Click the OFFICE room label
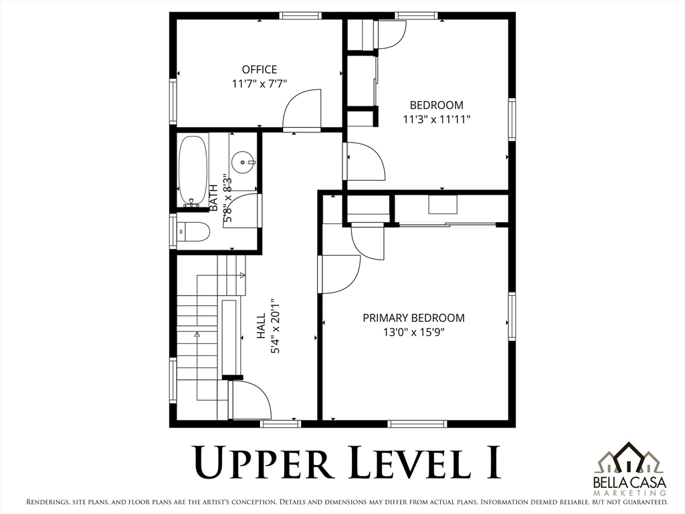[260, 70]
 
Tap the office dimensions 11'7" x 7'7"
[260, 84]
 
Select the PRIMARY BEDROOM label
[413, 318]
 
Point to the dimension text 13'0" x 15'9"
[413, 332]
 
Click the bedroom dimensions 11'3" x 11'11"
[436, 119]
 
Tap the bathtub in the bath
[193, 171]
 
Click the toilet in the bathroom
[193, 232]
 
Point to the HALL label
[261, 326]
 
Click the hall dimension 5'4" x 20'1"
[275, 326]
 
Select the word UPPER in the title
[262, 462]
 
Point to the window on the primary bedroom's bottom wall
[417, 424]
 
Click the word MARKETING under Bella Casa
[630, 493]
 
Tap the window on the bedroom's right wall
[512, 120]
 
